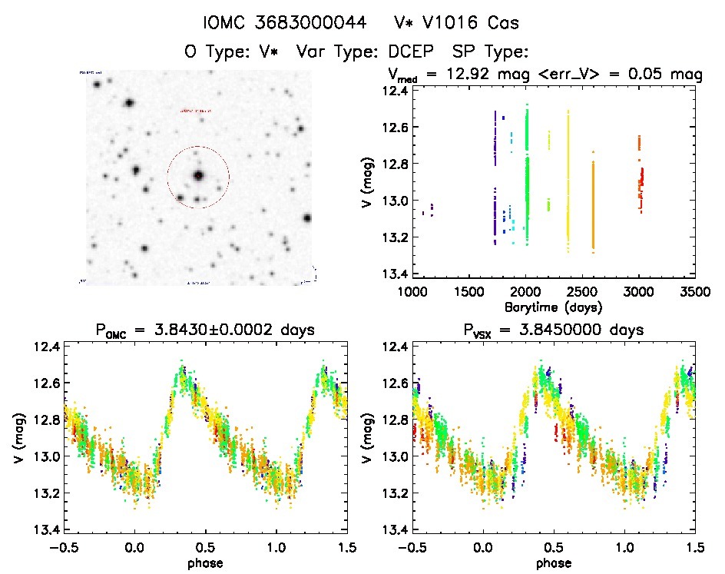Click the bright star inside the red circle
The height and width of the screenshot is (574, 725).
click(x=198, y=175)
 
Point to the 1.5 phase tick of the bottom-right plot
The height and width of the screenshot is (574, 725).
click(x=694, y=547)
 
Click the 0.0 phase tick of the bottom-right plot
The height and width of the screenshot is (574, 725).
click(x=483, y=547)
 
